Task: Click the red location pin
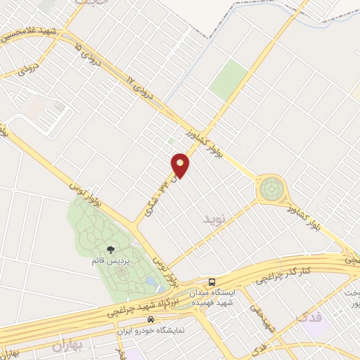pos(181,165)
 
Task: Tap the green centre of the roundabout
pos(270,188)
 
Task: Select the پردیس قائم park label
pos(110,261)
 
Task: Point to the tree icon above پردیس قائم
pos(110,249)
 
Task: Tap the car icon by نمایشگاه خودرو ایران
pos(150,319)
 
